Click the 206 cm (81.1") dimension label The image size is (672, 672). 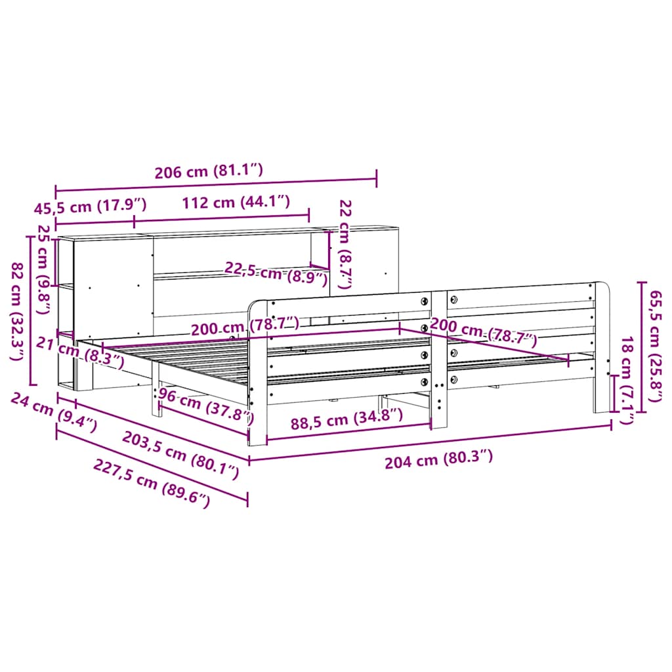click(x=209, y=171)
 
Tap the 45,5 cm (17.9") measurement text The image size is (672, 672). click(x=91, y=206)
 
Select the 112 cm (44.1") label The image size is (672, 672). click(x=236, y=202)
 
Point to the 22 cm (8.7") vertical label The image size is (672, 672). click(x=345, y=244)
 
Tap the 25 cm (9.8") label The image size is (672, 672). click(x=44, y=268)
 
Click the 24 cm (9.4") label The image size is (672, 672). click(x=54, y=412)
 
